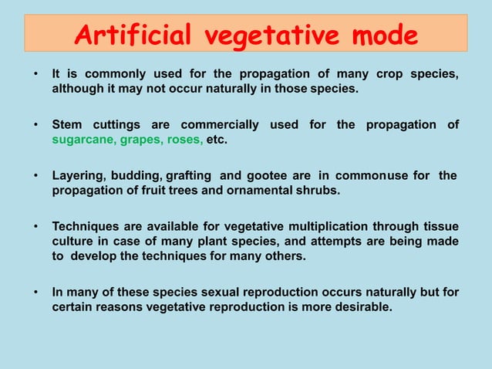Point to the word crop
(393, 74)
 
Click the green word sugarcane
(83, 140)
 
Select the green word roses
(184, 140)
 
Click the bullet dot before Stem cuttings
(35, 125)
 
